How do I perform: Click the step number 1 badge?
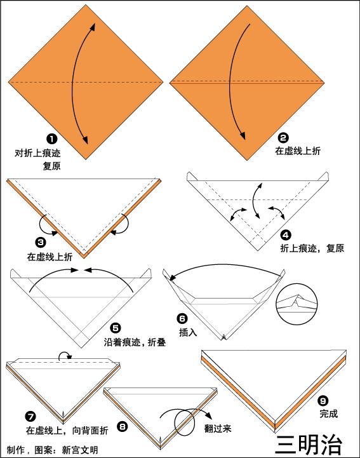[x=52, y=138]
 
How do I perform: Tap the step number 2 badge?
[x=283, y=138]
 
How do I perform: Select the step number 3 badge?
[x=41, y=242]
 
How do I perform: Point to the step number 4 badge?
[x=286, y=235]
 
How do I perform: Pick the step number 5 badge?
[x=116, y=328]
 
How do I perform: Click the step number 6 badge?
[x=182, y=318]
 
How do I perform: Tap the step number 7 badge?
[x=30, y=416]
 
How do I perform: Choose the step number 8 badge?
[x=123, y=427]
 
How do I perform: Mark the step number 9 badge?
[x=323, y=401]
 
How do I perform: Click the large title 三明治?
[x=309, y=445]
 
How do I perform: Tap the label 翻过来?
[x=218, y=429]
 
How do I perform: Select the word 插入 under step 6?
[x=188, y=332]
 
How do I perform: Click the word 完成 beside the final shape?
[x=328, y=414]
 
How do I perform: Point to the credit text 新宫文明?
[x=80, y=450]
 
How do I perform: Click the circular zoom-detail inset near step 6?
[x=297, y=304]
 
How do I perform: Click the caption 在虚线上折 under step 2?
[x=298, y=151]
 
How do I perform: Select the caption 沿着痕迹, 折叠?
[x=135, y=342]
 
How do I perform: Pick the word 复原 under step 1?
[x=51, y=166]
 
